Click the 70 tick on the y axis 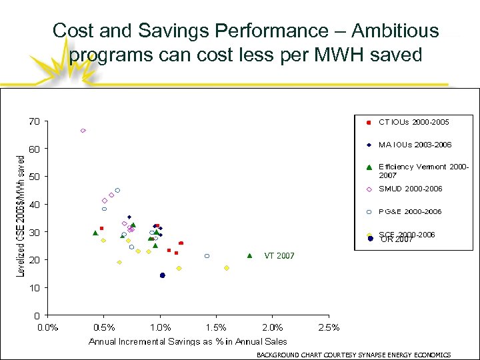coord(34,121)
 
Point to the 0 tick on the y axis coord(36,315)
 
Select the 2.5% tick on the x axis coord(329,327)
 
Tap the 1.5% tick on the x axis coord(217,327)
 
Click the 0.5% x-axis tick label coord(104,327)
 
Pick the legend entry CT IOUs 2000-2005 coord(413,122)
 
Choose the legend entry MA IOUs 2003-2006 coord(415,144)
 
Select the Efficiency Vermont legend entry coord(423,171)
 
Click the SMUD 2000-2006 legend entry coord(410,189)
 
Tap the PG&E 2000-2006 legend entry coord(410,211)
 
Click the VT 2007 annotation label coord(279,255)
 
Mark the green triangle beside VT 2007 coord(249,255)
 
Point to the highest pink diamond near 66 coord(83,131)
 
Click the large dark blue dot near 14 coord(162,275)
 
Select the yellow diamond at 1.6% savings coord(227,268)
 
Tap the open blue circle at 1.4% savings coord(207,256)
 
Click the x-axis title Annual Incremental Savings coord(188,342)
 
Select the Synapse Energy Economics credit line coord(354,355)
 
